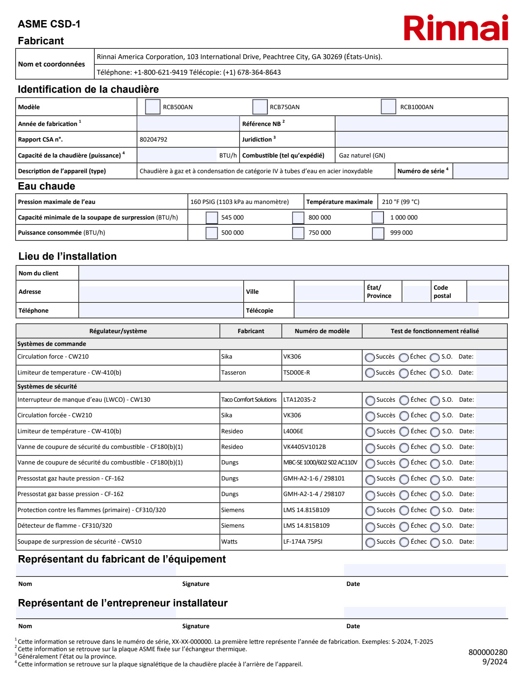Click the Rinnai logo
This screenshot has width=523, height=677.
456,28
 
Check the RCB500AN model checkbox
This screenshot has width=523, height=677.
153,107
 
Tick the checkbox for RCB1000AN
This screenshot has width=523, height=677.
388,107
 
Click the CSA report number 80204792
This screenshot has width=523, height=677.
153,140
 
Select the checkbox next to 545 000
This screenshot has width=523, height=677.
212,217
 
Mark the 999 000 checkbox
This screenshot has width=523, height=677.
378,233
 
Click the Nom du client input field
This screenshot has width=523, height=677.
293,273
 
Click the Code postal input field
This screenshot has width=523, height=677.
487,292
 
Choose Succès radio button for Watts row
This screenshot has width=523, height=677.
370,542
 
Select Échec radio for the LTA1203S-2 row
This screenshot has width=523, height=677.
404,400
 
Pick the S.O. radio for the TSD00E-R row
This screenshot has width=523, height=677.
435,373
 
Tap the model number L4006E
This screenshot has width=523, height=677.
293,431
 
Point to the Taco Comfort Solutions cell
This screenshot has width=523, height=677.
249,400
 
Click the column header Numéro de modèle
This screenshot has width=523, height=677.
322,331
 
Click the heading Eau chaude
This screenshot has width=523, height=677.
46,186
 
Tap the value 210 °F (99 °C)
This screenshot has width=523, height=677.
400,202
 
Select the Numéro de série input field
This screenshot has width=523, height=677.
480,171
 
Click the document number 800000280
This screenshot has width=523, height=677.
488,652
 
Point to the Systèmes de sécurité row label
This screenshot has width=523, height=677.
47,387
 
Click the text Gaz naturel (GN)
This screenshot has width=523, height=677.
362,156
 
